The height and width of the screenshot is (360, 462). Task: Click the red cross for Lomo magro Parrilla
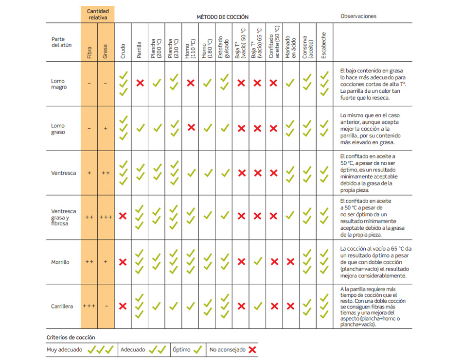click(x=140, y=83)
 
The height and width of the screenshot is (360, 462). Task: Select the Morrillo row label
click(x=60, y=262)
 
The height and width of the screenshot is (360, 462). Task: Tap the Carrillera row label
click(x=62, y=307)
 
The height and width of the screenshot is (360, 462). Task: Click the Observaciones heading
click(x=358, y=16)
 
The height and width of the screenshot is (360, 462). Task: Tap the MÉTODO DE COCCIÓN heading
click(x=222, y=17)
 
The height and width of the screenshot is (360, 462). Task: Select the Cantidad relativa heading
click(x=98, y=14)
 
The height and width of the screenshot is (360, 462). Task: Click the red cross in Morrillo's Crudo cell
click(x=123, y=262)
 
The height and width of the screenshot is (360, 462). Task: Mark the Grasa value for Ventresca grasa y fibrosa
click(x=106, y=217)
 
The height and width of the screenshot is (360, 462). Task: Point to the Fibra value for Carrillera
click(x=89, y=307)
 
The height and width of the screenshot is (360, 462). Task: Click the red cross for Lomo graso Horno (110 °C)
click(x=191, y=128)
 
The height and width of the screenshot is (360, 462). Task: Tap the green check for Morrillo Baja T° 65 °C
click(x=258, y=262)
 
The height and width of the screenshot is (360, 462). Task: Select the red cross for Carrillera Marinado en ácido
click(x=291, y=307)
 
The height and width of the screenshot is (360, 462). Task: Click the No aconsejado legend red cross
click(x=252, y=349)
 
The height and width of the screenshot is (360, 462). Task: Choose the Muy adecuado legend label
click(x=64, y=349)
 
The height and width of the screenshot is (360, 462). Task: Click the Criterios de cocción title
click(x=71, y=337)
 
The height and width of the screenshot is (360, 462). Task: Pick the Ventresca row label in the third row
click(x=64, y=173)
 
